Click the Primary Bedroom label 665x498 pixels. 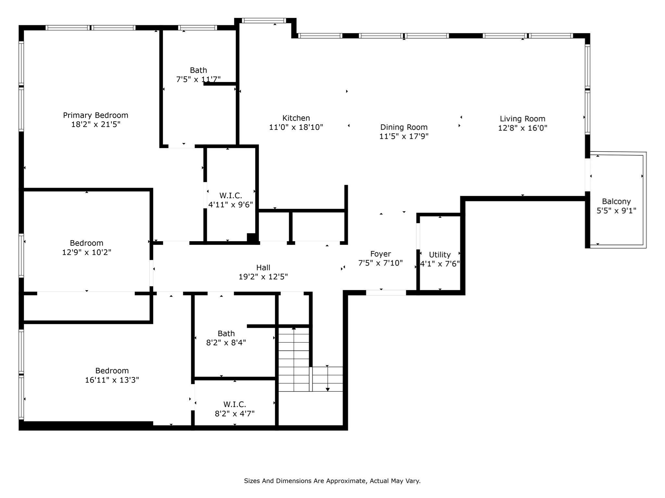[95, 115]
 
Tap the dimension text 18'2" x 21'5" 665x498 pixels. [95, 124]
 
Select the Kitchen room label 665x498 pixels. [296, 118]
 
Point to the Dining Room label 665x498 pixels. [404, 127]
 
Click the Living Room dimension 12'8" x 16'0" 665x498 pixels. [522, 128]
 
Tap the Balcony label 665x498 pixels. [616, 201]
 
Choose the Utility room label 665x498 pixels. [440, 255]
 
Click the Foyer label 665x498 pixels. [380, 254]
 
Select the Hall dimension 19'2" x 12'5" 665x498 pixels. [263, 277]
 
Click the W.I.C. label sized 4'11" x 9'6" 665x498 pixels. [231, 196]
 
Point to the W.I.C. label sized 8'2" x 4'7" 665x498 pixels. [234, 404]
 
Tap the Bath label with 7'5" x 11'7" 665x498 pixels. [198, 70]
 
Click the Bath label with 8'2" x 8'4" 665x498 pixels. [226, 333]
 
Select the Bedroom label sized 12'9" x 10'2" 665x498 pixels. [86, 243]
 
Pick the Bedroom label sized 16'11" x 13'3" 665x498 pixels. [112, 371]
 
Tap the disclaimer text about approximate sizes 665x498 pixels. [332, 481]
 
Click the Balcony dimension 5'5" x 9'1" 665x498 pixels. [616, 211]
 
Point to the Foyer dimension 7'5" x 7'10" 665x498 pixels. [380, 263]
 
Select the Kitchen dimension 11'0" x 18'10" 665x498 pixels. [296, 127]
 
